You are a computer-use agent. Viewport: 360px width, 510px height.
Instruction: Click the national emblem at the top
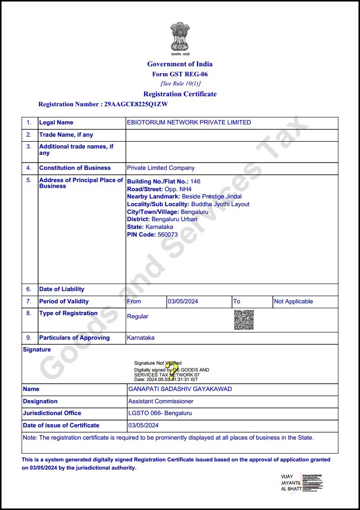click(180, 37)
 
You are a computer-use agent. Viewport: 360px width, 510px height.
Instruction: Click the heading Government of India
click(180, 64)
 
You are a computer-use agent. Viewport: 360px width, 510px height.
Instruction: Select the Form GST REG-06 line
click(180, 74)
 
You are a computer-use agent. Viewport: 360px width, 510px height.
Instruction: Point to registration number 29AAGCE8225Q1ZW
click(136, 104)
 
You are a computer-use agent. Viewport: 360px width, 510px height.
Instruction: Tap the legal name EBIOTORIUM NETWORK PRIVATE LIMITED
click(189, 123)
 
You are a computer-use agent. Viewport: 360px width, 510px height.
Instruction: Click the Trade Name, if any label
click(66, 135)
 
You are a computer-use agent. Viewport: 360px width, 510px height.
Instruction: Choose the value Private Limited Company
click(161, 168)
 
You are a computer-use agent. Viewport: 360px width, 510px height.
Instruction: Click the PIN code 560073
click(168, 235)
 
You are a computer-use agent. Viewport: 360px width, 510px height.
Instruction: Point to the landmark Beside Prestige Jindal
click(212, 197)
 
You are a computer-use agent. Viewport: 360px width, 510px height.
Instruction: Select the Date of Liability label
click(62, 289)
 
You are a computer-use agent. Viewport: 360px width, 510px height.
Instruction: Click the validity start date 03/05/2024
click(183, 302)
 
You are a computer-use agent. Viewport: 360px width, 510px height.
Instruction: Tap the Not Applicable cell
click(293, 302)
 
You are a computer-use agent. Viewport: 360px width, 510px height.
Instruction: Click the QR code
click(244, 320)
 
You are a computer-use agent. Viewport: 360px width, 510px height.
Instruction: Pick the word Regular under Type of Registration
click(138, 317)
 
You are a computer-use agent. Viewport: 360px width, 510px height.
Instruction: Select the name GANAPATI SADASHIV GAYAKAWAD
click(180, 389)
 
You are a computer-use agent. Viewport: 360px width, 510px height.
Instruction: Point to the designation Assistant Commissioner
click(161, 401)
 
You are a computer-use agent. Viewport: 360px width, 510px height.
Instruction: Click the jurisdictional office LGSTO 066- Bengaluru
click(160, 413)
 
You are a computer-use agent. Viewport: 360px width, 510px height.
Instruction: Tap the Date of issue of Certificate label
click(61, 426)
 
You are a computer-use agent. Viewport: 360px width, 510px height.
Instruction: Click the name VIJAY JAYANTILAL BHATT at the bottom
click(291, 483)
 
